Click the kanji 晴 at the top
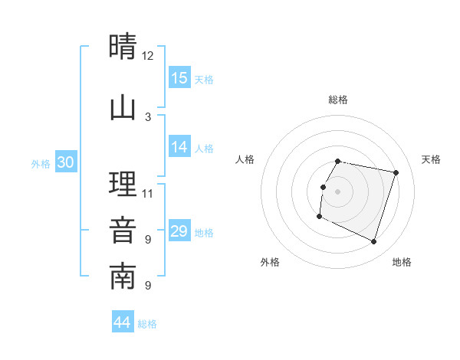point(123,47)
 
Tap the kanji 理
point(123,185)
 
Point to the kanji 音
point(123,231)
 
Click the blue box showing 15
point(179,78)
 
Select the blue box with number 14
point(179,148)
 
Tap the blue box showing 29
point(179,232)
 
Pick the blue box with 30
point(66,162)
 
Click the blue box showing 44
point(123,323)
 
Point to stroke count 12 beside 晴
point(148,56)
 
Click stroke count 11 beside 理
point(148,193)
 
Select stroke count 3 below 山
point(148,117)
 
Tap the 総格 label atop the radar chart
point(338,100)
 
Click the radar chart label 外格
point(270,262)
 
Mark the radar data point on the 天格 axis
point(396,173)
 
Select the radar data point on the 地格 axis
point(374,242)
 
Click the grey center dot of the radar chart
point(338,191)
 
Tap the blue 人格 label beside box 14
point(204,149)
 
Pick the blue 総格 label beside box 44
point(147,324)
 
